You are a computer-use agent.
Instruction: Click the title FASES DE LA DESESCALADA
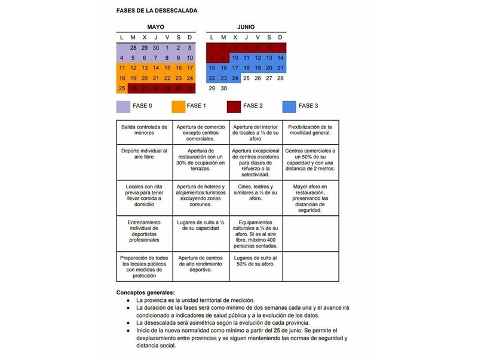tap(157, 11)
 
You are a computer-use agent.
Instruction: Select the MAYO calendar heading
tap(155, 28)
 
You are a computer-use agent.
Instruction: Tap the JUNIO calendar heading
tap(246, 28)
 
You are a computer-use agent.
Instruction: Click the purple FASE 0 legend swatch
tap(124, 106)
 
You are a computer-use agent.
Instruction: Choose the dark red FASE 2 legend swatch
tap(234, 106)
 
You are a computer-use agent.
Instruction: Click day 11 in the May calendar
tap(122, 68)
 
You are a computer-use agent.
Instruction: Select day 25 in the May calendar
tap(122, 89)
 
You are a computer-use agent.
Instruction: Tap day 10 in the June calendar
tap(235, 58)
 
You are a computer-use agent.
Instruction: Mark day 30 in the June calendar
tap(223, 89)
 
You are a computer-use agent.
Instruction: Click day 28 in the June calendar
tap(280, 78)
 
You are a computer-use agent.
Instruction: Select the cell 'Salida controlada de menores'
tap(144, 130)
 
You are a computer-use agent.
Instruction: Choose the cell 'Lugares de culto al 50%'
tap(255, 261)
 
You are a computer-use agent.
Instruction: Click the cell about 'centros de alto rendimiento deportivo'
tap(200, 264)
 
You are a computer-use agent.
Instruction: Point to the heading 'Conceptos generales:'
tap(145, 292)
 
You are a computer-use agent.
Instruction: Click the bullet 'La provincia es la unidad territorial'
tap(195, 300)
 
